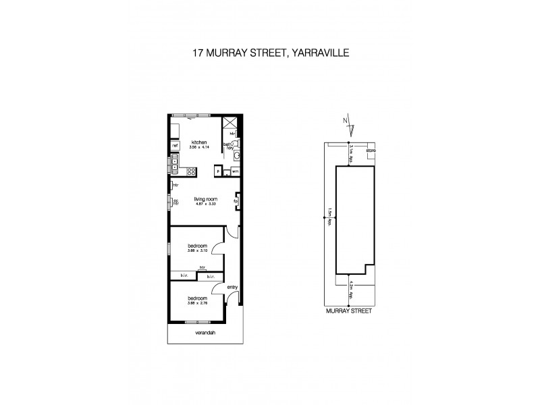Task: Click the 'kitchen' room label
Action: [x=198, y=142]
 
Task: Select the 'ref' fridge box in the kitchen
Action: [x=174, y=145]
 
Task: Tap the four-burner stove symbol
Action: [x=192, y=171]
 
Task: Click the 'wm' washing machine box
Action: [x=235, y=171]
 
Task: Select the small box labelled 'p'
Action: [x=218, y=171]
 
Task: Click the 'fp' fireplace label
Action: [x=236, y=200]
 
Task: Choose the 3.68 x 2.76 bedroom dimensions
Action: [x=196, y=302]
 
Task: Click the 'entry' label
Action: [x=232, y=288]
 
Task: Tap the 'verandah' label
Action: [x=204, y=333]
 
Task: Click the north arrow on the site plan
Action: [x=348, y=126]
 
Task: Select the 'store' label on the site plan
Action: [x=371, y=149]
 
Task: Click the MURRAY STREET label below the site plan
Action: [x=348, y=312]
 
